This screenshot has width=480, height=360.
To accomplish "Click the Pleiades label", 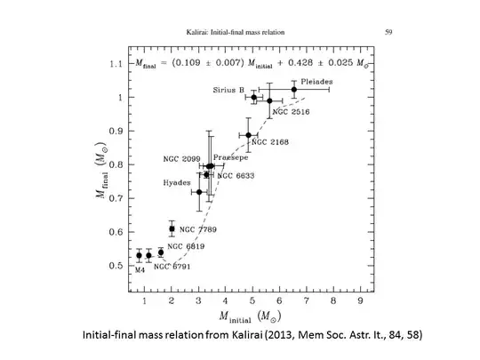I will pos(316,81).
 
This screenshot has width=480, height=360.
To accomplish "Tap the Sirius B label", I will pos(228,90).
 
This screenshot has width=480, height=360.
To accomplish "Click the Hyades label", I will pos(176,182).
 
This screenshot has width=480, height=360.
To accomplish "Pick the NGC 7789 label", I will pos(199,229).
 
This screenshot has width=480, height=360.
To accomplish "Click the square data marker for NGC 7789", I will pos(172,229).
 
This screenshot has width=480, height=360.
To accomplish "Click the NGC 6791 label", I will pos(174,266).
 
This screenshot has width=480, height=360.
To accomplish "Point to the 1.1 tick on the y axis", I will pos(113,64).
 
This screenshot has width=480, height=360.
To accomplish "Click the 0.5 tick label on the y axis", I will pos(113,266).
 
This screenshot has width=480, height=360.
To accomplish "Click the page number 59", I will pos(388,31).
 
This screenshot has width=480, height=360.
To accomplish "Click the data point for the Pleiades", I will pos(294,89).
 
